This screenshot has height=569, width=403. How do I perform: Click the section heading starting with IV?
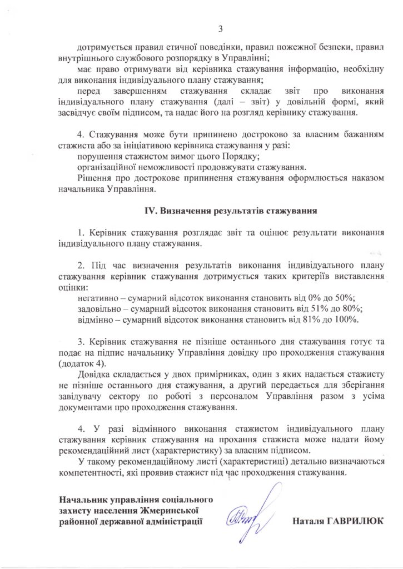231,211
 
